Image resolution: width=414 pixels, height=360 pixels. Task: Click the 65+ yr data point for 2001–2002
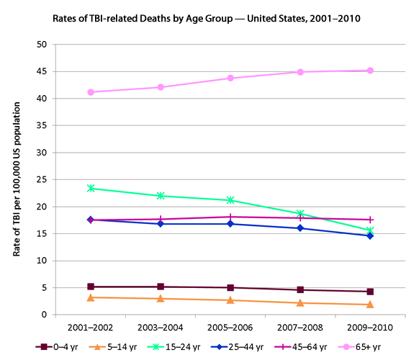pos(91,92)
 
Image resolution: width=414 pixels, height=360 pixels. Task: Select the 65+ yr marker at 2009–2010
pos(370,71)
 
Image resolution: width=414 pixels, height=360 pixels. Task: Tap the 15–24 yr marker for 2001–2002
pos(91,188)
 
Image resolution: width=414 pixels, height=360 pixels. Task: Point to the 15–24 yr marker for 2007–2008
pos(300,214)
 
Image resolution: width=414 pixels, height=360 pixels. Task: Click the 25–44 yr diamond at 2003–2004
pos(161,224)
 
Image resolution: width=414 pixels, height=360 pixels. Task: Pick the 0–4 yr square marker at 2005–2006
pos(230,288)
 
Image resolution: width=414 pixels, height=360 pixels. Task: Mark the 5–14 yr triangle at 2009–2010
pos(370,305)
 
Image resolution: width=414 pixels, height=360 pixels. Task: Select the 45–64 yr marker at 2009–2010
pos(370,220)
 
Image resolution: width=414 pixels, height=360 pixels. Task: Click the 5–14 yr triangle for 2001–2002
pos(91,297)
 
